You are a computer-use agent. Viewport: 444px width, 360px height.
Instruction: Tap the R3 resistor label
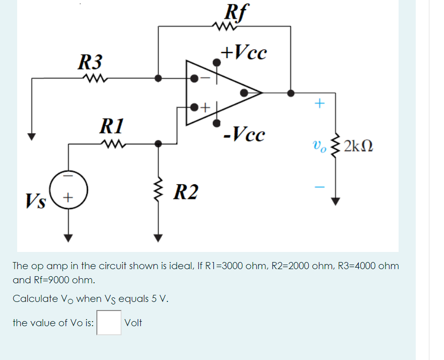coord(90,63)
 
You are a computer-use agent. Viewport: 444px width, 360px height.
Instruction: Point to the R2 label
coord(185,192)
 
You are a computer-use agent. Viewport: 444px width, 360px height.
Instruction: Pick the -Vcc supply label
coord(245,135)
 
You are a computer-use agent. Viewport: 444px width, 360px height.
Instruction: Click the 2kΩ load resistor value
coord(358,147)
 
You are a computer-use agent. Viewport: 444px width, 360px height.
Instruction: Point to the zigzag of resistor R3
coord(94,78)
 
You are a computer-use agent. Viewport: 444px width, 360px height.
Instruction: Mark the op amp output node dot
coord(291,93)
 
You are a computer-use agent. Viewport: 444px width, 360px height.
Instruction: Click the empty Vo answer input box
coord(109,323)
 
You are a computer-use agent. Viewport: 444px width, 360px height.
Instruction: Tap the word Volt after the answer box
coord(133,323)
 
